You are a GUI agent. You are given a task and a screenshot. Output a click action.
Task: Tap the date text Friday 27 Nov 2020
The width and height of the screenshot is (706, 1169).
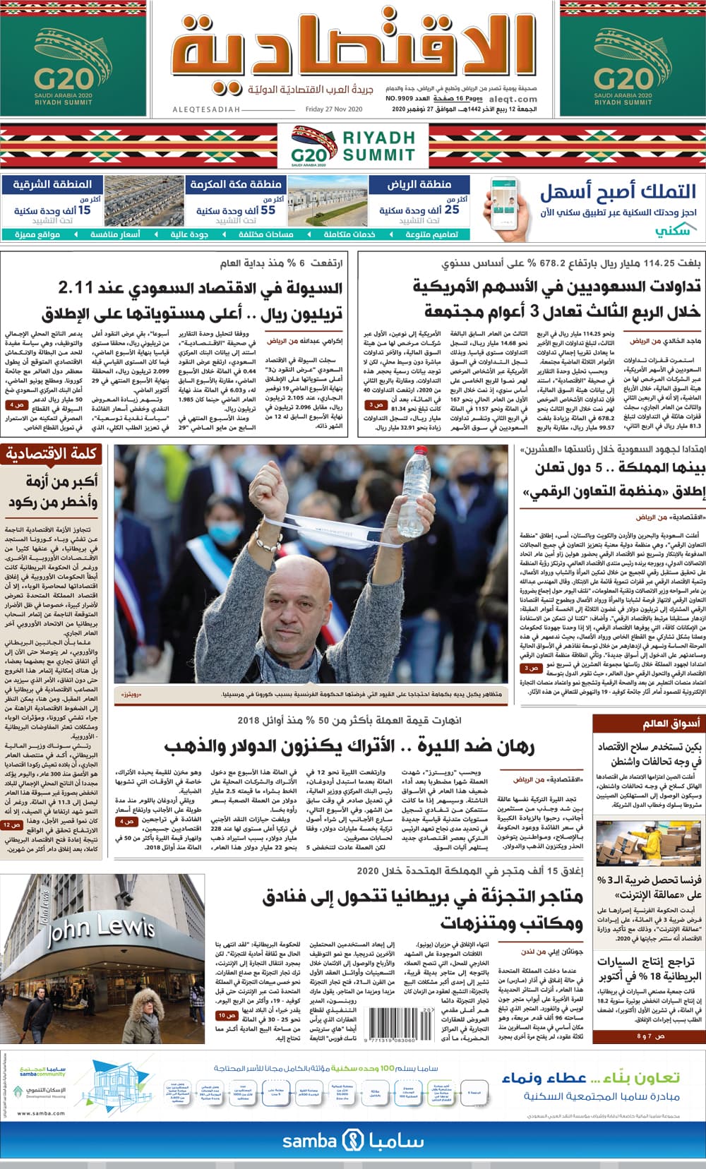(334, 109)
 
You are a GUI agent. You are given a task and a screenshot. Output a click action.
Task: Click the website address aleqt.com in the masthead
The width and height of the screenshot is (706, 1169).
(513, 100)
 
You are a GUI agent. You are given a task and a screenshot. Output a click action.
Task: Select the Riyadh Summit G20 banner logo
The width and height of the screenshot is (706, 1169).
(353, 147)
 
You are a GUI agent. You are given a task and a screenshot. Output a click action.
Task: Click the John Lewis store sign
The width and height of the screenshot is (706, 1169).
(99, 933)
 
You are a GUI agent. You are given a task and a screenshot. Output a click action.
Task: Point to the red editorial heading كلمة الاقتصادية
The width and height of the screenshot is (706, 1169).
(52, 454)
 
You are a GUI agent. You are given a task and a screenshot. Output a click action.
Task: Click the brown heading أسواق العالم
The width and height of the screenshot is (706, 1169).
(671, 724)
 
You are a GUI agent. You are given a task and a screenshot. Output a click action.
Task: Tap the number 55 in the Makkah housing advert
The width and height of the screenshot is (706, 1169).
(268, 210)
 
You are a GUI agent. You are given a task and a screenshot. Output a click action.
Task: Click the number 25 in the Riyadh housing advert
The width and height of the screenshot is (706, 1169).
(451, 210)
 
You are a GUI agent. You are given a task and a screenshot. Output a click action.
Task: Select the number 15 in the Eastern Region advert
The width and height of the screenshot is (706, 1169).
(84, 210)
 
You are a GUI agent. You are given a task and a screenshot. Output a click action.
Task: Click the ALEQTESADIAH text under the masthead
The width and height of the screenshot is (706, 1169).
(207, 109)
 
